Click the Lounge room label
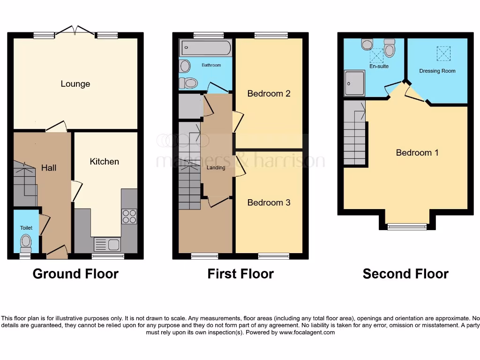[x=75, y=84]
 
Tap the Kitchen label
[x=104, y=161]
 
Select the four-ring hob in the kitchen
[x=129, y=216]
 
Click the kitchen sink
[x=107, y=244]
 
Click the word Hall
[x=49, y=167]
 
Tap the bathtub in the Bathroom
[x=205, y=47]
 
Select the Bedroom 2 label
[x=269, y=93]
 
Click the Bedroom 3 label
[x=269, y=202]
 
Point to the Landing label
[x=216, y=168]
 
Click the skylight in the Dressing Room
[x=442, y=53]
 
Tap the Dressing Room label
[x=437, y=71]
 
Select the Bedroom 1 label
[x=417, y=152]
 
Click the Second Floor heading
[x=405, y=274]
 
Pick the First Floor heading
[x=240, y=274]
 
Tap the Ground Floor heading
[x=75, y=274]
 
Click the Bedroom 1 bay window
[x=407, y=227]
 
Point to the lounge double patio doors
[x=76, y=31]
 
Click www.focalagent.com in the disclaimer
[x=307, y=332]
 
